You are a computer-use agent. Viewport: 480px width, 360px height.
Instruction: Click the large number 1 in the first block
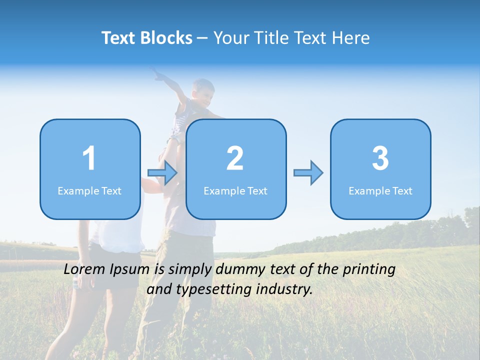coord(89,158)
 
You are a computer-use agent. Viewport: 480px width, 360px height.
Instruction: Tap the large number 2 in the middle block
coord(235,158)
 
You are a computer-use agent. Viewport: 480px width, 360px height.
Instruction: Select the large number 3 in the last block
coord(380,158)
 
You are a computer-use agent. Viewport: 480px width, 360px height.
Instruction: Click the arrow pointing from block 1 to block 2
coord(163,173)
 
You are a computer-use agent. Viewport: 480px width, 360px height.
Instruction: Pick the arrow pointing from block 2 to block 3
coord(308,173)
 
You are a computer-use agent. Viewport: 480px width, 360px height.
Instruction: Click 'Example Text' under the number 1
coord(89,191)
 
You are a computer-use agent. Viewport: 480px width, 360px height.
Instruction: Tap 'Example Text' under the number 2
coord(235,191)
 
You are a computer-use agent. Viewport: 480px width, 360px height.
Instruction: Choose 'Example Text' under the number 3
coord(380,191)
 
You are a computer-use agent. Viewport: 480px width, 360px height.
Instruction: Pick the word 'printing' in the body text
coord(369,270)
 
